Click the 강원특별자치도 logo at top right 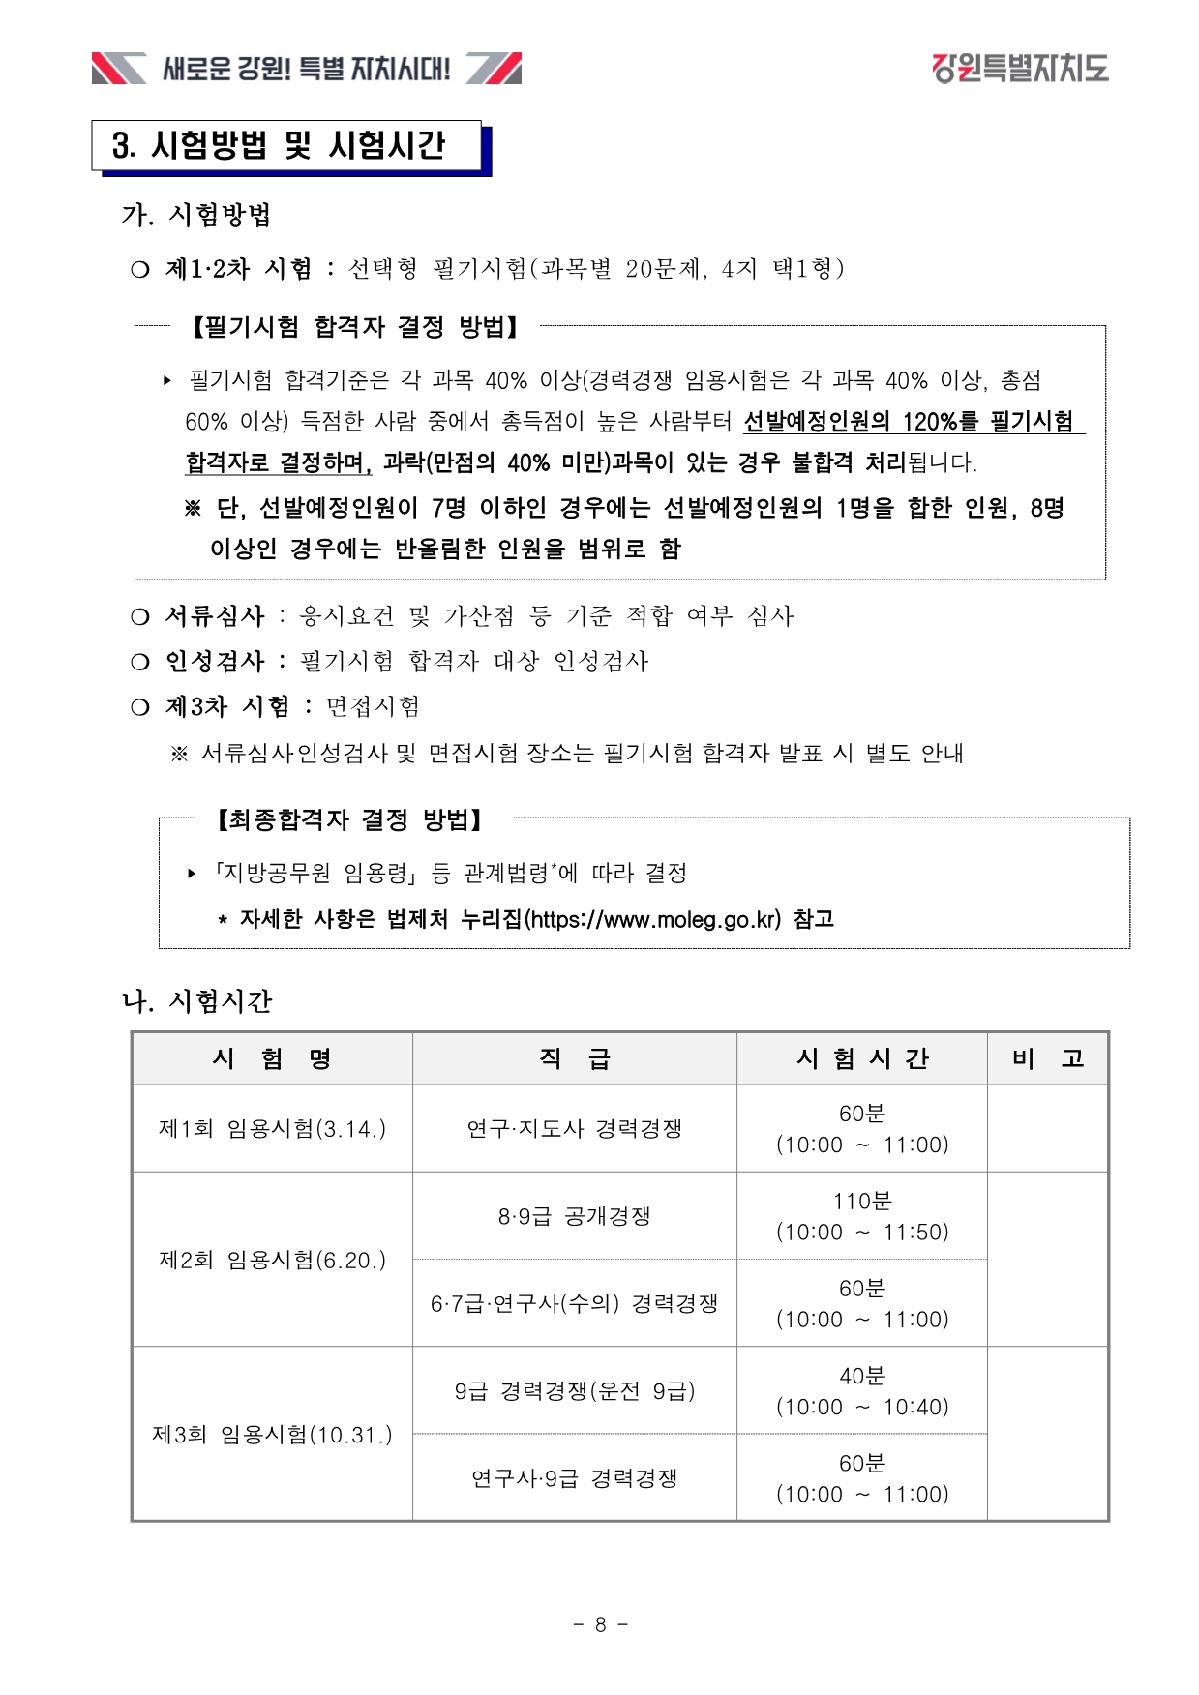point(1020,69)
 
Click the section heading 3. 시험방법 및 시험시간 point(279,146)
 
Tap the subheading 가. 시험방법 point(196,215)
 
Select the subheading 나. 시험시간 point(197,1000)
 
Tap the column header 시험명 point(272,1058)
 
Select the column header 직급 point(574,1058)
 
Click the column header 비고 point(1047,1058)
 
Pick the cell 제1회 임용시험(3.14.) point(272,1128)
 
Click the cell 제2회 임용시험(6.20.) point(272,1260)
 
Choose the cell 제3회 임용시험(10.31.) point(272,1434)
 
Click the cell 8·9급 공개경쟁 point(574,1216)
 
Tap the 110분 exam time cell point(861,1216)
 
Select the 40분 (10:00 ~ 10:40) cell point(861,1391)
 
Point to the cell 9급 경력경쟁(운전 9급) point(574,1391)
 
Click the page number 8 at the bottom point(600,1624)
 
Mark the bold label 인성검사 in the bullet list point(215,661)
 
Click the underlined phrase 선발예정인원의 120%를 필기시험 point(908,422)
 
